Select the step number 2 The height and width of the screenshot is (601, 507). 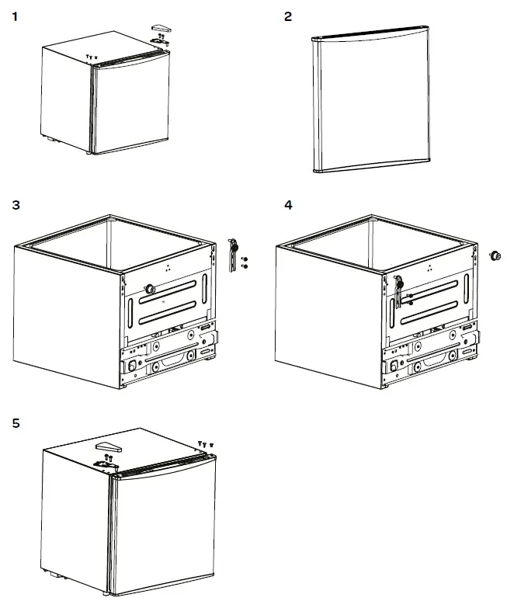tap(288, 16)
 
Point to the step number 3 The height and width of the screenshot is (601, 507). tap(16, 206)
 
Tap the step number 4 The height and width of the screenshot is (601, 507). tap(289, 206)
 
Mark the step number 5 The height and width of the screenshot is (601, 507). tap(16, 424)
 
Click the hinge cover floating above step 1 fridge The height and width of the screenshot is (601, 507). tap(161, 28)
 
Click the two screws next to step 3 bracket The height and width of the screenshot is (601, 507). tap(245, 262)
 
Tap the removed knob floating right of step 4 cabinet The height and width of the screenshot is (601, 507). tap(493, 255)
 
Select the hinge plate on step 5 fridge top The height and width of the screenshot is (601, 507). tap(108, 463)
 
